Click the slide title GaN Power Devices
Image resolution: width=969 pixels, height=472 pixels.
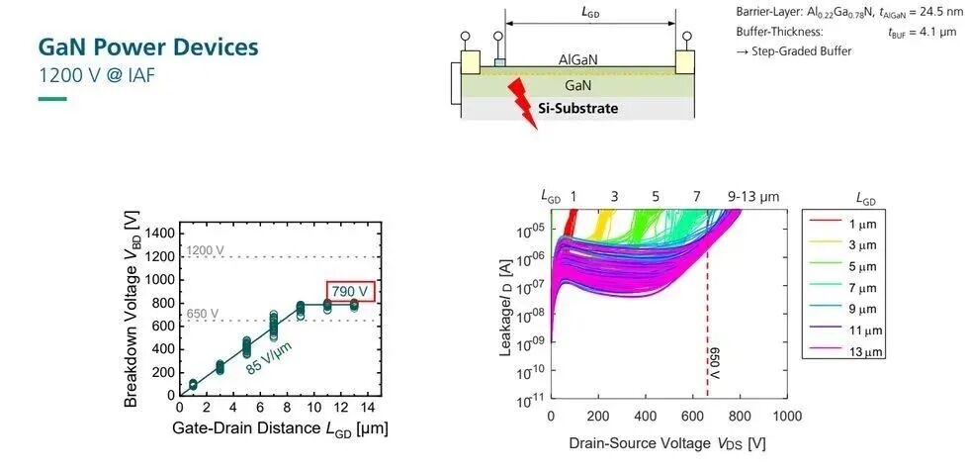[x=148, y=47]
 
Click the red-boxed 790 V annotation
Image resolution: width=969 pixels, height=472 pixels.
[x=350, y=291]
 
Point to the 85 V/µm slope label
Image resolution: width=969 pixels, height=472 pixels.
[x=269, y=357]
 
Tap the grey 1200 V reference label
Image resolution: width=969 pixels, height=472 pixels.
[x=206, y=250]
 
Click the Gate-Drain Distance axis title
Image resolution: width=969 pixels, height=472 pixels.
[x=280, y=428]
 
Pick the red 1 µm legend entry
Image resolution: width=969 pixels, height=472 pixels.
[x=843, y=224]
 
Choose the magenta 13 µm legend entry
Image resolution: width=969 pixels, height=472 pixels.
[x=843, y=351]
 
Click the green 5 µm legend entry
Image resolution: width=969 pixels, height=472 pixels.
[x=843, y=266]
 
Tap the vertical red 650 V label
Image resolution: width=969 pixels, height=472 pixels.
[x=716, y=363]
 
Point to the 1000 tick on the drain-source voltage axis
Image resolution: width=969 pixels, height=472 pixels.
[x=786, y=417]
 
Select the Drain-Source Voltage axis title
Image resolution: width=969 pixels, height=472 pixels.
[x=667, y=443]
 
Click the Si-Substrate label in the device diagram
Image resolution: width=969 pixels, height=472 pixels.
[x=581, y=109]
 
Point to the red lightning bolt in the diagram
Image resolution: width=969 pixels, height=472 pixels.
[x=522, y=104]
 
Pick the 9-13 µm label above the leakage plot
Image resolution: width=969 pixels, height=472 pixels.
[x=753, y=197]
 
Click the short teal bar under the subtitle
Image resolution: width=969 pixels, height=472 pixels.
[x=52, y=99]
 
